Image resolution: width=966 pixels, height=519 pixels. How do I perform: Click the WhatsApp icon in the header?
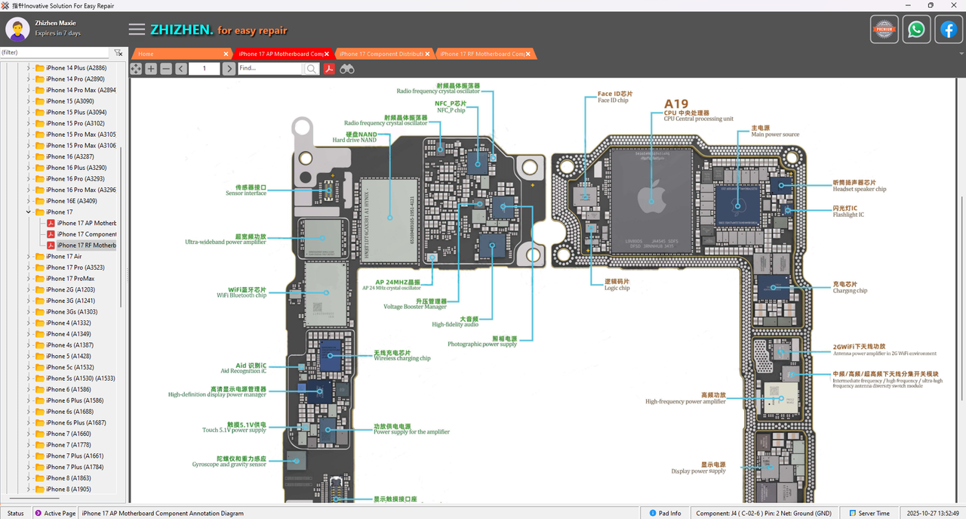(x=916, y=29)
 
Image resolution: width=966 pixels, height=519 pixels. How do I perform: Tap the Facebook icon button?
(x=948, y=29)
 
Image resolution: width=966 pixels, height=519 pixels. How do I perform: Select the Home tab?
(x=146, y=54)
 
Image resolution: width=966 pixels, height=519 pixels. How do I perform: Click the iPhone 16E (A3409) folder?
(x=71, y=201)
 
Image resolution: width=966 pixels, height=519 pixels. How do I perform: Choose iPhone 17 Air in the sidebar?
(x=63, y=256)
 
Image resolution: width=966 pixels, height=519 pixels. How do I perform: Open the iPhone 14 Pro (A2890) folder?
(x=75, y=79)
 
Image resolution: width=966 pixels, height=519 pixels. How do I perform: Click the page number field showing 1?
(x=204, y=69)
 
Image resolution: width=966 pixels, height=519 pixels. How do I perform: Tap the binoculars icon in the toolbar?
(x=346, y=69)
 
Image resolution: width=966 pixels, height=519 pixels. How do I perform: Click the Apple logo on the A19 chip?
(x=651, y=198)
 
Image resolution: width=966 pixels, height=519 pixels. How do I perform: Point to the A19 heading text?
(x=676, y=104)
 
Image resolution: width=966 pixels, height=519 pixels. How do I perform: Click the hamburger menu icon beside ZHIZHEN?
(x=137, y=29)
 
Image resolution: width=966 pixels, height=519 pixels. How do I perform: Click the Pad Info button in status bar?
(x=665, y=513)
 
